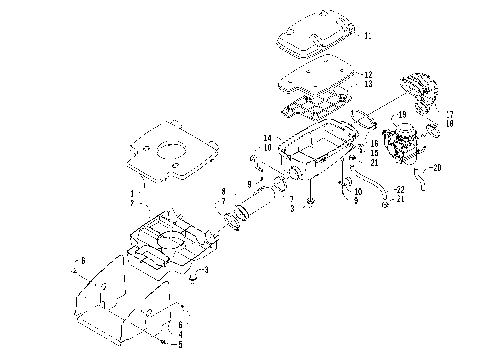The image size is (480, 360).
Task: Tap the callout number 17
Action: point(449,114)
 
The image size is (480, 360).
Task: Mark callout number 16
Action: point(374,143)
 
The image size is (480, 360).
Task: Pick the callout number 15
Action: point(374,153)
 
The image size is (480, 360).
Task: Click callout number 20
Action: point(437,167)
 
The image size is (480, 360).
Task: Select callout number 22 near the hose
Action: point(399,189)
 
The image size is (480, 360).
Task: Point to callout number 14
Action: point(267,137)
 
